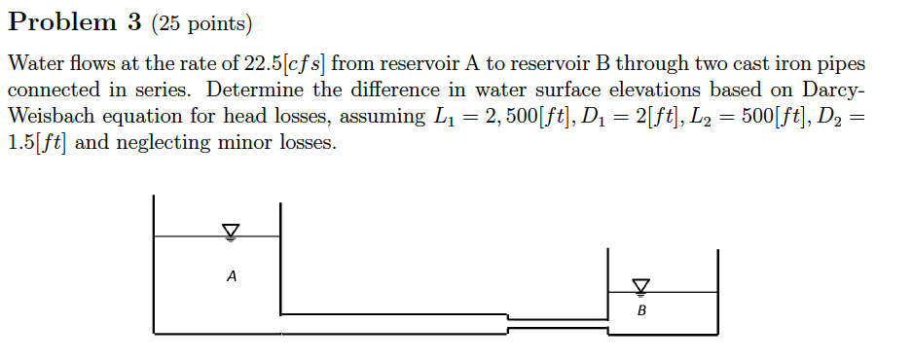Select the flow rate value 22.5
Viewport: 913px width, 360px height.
coord(263,65)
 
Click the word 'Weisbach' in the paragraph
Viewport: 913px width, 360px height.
coord(54,117)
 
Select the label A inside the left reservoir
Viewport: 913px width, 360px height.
coord(231,276)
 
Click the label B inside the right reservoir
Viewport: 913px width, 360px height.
coord(641,312)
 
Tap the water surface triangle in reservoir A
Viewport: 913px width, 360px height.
coord(231,231)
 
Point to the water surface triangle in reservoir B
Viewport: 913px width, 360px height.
coord(639,285)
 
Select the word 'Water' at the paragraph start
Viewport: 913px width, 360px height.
coord(34,65)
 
